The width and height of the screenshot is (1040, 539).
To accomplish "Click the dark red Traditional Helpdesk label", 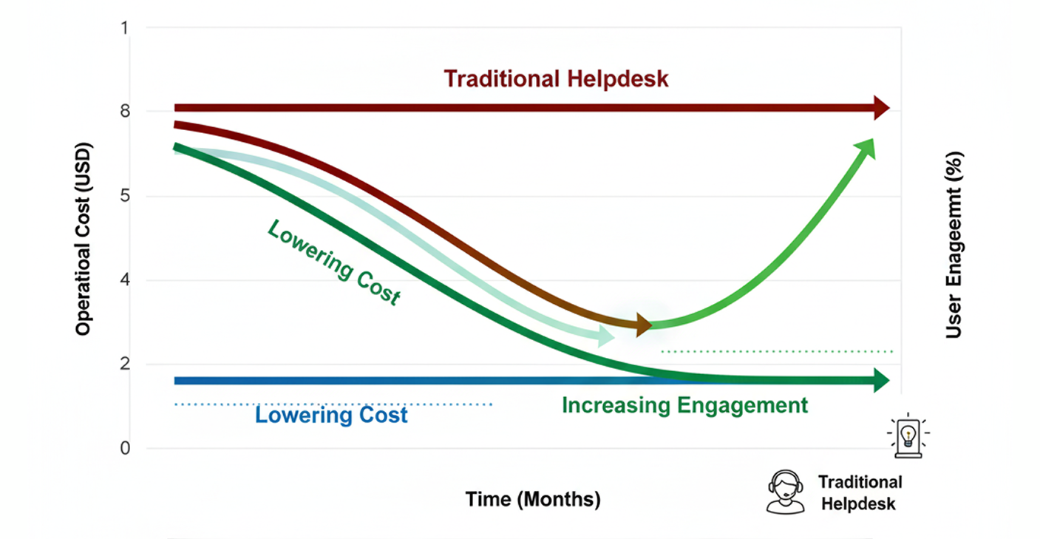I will coord(556,78).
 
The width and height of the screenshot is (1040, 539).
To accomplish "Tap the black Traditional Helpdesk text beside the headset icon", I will coord(860,492).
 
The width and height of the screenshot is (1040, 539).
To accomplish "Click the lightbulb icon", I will coord(908,435).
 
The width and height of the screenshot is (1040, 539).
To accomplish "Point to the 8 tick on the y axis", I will coord(126,112).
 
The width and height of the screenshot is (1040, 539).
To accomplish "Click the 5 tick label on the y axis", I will coord(126,197).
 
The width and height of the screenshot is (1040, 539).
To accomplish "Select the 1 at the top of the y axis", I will coord(126,28).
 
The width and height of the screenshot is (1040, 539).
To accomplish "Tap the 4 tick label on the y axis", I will coord(126,281).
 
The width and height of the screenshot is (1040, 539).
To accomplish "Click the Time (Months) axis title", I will coord(533,499).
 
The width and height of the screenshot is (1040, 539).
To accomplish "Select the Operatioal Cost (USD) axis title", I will coord(84,237).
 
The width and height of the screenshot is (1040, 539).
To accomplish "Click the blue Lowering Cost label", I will coord(331,415).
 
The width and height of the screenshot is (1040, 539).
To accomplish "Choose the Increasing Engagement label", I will coord(684,405).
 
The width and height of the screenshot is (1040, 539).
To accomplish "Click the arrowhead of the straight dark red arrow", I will coord(880,108).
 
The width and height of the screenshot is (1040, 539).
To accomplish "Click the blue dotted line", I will coord(333,404).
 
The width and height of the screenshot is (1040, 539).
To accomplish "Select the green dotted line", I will coord(776,351).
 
